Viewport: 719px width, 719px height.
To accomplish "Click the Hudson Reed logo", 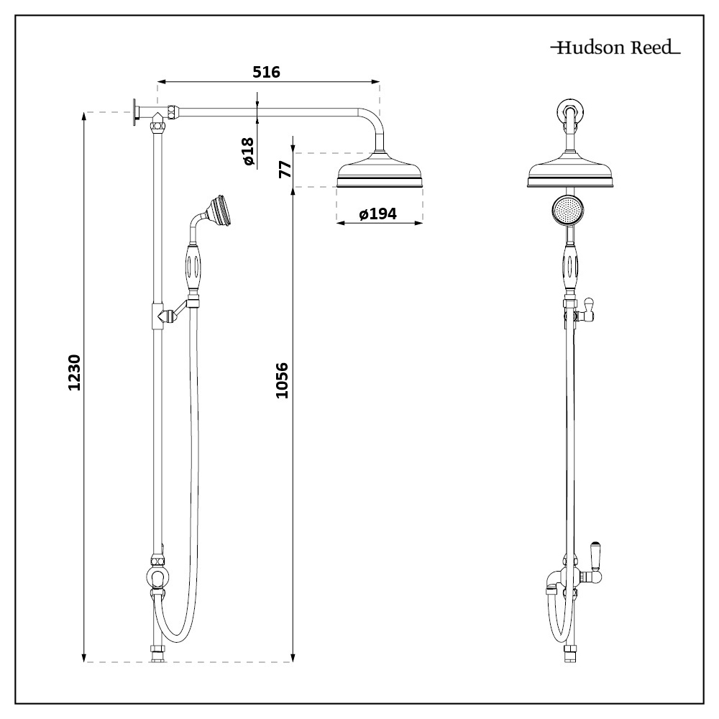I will point(615,49).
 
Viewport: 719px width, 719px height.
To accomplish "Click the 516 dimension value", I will point(266,72).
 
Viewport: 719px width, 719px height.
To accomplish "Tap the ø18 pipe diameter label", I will point(248,152).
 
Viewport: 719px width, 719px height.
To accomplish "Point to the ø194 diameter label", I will point(379,214).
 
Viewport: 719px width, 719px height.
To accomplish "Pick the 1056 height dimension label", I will point(283,381).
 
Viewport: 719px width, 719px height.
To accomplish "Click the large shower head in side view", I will point(379,173).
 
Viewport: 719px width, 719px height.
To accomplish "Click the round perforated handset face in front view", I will point(569,210).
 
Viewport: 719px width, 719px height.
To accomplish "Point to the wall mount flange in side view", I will point(134,111).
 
